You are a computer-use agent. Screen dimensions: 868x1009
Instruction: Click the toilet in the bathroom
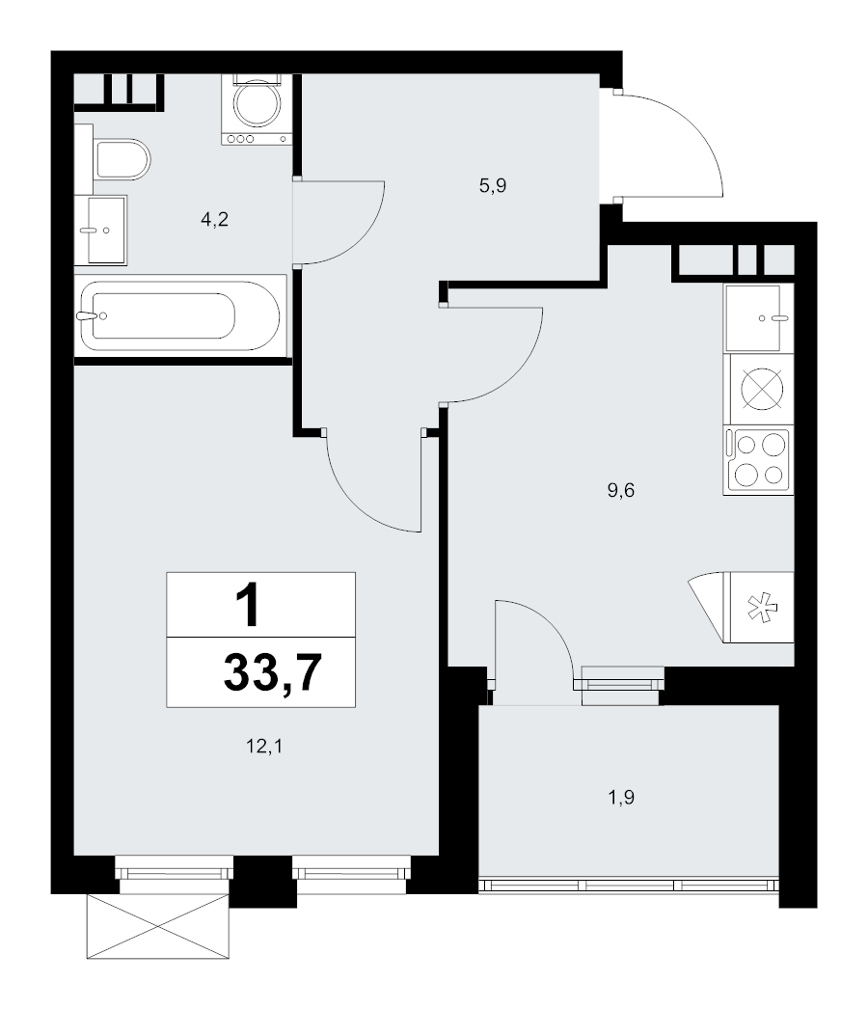click(x=122, y=159)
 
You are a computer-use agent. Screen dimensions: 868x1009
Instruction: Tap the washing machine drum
click(x=257, y=103)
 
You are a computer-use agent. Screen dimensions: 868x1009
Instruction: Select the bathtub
click(x=180, y=315)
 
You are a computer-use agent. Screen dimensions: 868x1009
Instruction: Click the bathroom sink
click(x=101, y=230)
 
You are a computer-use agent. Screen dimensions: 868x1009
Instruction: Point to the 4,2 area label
click(x=215, y=220)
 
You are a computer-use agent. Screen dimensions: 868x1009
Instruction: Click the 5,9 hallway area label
click(x=493, y=186)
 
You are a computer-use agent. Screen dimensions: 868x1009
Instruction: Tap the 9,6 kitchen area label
click(x=621, y=491)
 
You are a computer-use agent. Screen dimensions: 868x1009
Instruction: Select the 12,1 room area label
click(x=264, y=747)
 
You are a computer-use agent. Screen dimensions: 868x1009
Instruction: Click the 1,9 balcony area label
click(x=621, y=798)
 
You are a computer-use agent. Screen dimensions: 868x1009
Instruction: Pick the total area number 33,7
click(x=273, y=672)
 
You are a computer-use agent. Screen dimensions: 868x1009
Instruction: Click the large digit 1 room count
click(x=248, y=604)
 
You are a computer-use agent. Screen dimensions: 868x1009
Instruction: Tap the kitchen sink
click(x=759, y=318)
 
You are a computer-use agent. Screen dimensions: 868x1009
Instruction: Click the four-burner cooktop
click(x=759, y=459)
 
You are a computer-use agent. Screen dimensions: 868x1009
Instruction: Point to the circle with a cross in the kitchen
click(x=763, y=389)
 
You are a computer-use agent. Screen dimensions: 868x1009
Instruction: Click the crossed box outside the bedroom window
click(x=158, y=927)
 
